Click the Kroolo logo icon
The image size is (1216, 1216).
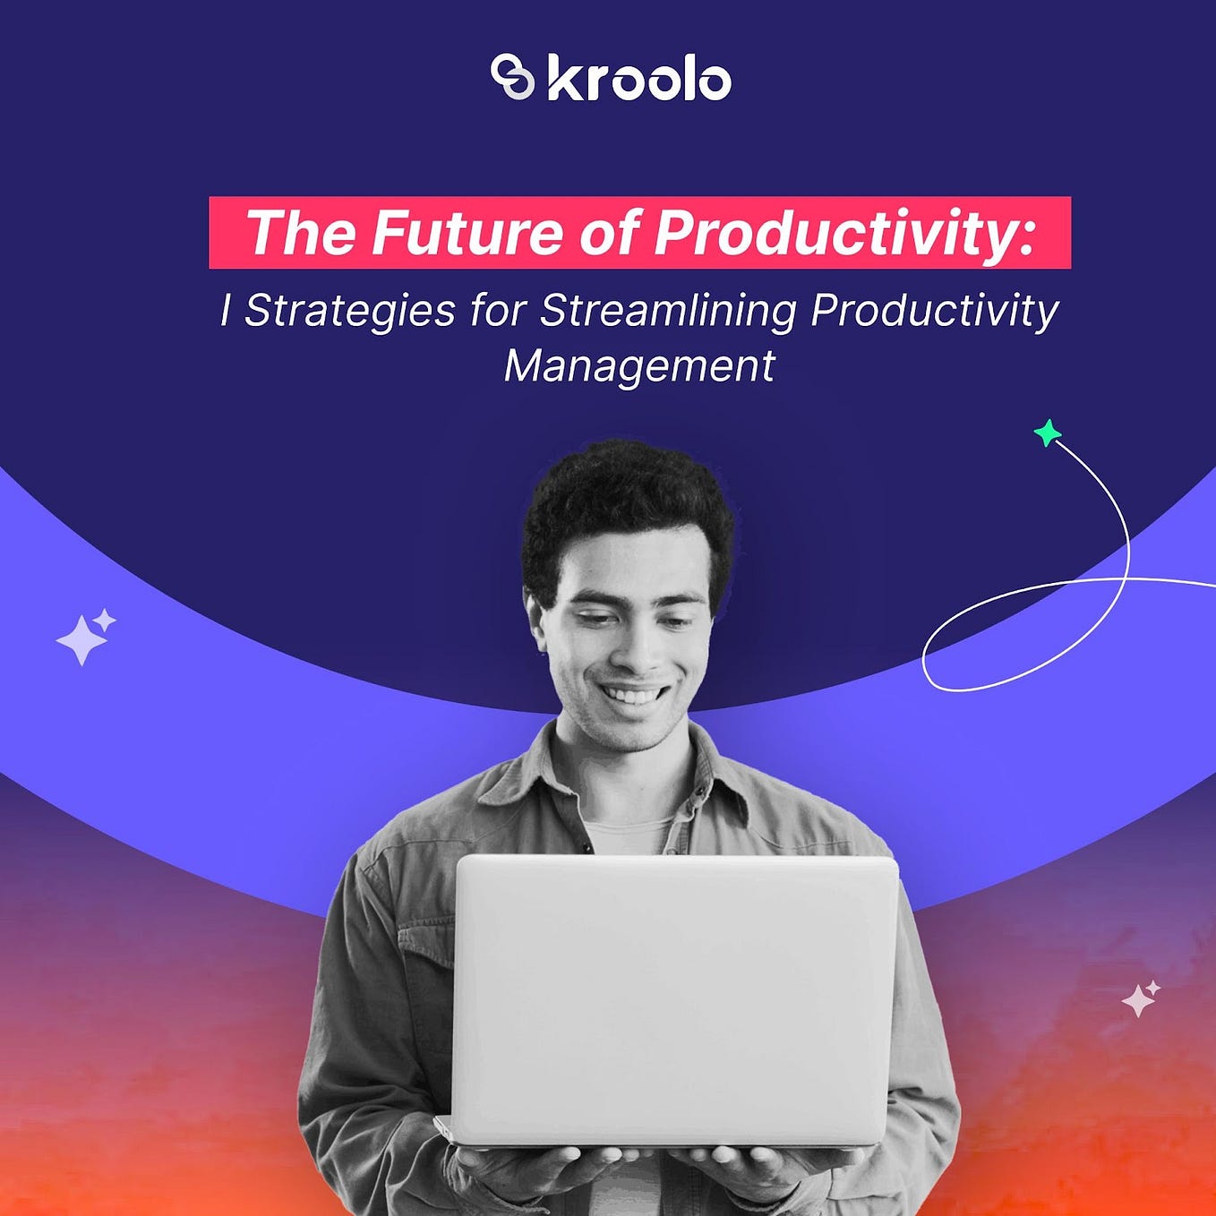(512, 77)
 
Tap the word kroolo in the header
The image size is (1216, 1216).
(638, 79)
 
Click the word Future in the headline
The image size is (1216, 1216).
(467, 233)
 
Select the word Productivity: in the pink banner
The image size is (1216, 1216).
(844, 233)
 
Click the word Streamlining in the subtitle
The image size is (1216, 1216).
(668, 312)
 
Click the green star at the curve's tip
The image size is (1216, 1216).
(1047, 434)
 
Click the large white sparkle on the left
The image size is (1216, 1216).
(81, 639)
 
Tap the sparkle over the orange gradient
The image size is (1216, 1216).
(1139, 999)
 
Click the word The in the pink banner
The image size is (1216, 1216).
(300, 233)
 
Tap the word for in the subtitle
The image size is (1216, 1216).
(498, 312)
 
